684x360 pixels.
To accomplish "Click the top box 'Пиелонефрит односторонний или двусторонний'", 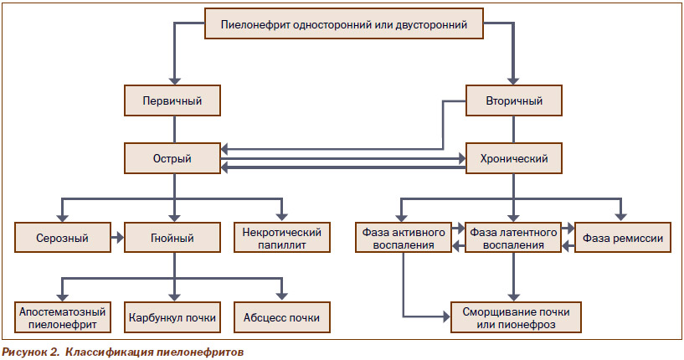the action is coord(344,23).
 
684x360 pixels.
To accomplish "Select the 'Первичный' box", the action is coord(172,100).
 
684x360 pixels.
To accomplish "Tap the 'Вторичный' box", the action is coord(514,100).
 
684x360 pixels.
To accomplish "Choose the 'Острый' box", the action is coord(172,158).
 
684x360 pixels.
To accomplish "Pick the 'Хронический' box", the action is coord(514,158).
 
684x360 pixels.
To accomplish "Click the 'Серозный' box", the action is coord(63,238).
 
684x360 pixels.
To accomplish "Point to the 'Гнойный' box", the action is coord(172,238).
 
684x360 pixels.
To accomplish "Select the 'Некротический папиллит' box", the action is coord(282,238).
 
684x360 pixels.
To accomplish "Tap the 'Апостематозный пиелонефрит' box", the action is coord(63,317).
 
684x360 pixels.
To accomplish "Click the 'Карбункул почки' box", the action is coord(172,317).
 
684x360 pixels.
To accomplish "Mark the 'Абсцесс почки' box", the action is coord(282,317).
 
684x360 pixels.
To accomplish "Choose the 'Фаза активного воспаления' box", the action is coord(404,238).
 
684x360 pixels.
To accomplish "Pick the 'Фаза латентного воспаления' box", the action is coord(513,238).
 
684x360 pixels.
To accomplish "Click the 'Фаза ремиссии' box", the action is coord(623,238).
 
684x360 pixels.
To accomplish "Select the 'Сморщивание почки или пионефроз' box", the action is coord(516,317).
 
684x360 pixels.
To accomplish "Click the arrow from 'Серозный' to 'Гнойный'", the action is coord(117,238).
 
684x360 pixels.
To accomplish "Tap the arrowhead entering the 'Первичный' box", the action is coord(174,80).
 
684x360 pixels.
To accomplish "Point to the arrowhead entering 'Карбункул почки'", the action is coord(174,297).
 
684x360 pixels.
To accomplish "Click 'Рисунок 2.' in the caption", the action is coord(31,352).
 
